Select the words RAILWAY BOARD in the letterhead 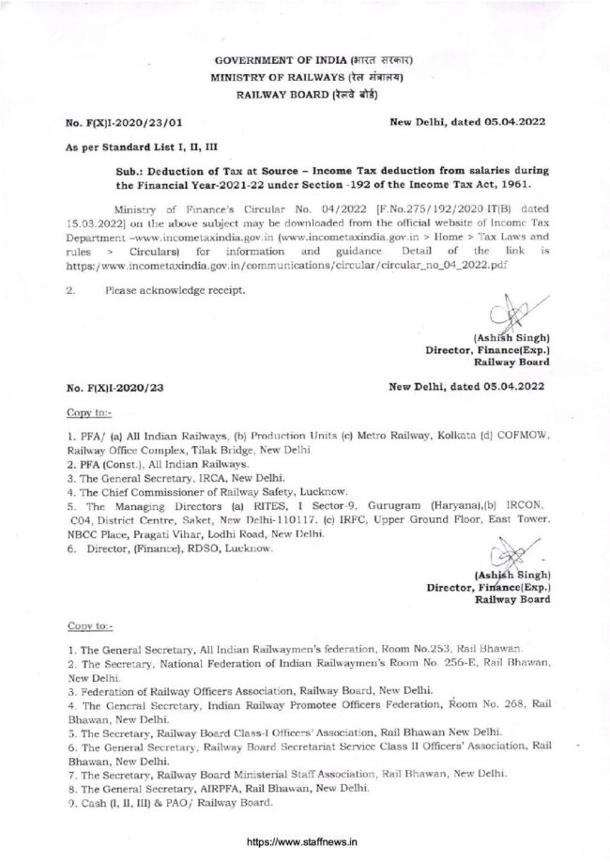[276, 96]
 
